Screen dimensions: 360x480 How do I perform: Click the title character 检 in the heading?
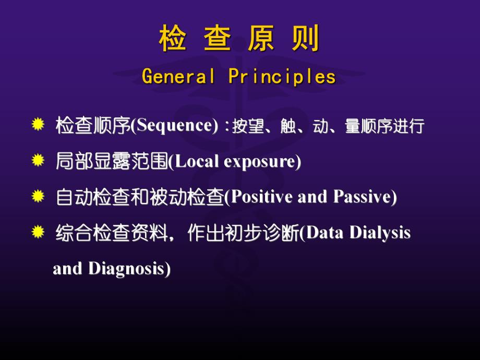point(173,40)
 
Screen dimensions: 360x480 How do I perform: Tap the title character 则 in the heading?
point(306,40)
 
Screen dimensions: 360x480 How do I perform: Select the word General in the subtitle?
point(179,77)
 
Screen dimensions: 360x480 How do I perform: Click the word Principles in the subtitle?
point(282,77)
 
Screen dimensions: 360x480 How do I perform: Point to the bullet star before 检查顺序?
point(38,125)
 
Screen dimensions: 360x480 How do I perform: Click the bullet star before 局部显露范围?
point(38,161)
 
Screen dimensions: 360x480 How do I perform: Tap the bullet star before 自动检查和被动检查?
point(38,196)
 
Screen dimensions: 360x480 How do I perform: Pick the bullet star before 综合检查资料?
point(38,232)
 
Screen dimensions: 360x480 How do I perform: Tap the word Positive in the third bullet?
point(261,197)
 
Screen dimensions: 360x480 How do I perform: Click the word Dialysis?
point(380,233)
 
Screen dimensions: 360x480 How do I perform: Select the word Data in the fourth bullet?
point(325,233)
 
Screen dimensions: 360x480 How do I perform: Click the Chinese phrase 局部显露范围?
point(112,162)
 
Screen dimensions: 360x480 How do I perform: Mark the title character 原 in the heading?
point(261,40)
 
